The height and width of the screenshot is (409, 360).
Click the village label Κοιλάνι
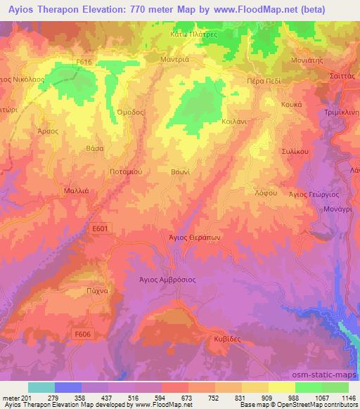click(243, 121)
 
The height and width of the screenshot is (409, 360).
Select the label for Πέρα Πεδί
click(263, 82)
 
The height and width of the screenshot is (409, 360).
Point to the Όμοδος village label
click(131, 114)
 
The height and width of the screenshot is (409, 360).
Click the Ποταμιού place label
click(107, 171)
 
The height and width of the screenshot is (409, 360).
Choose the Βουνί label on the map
click(180, 171)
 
